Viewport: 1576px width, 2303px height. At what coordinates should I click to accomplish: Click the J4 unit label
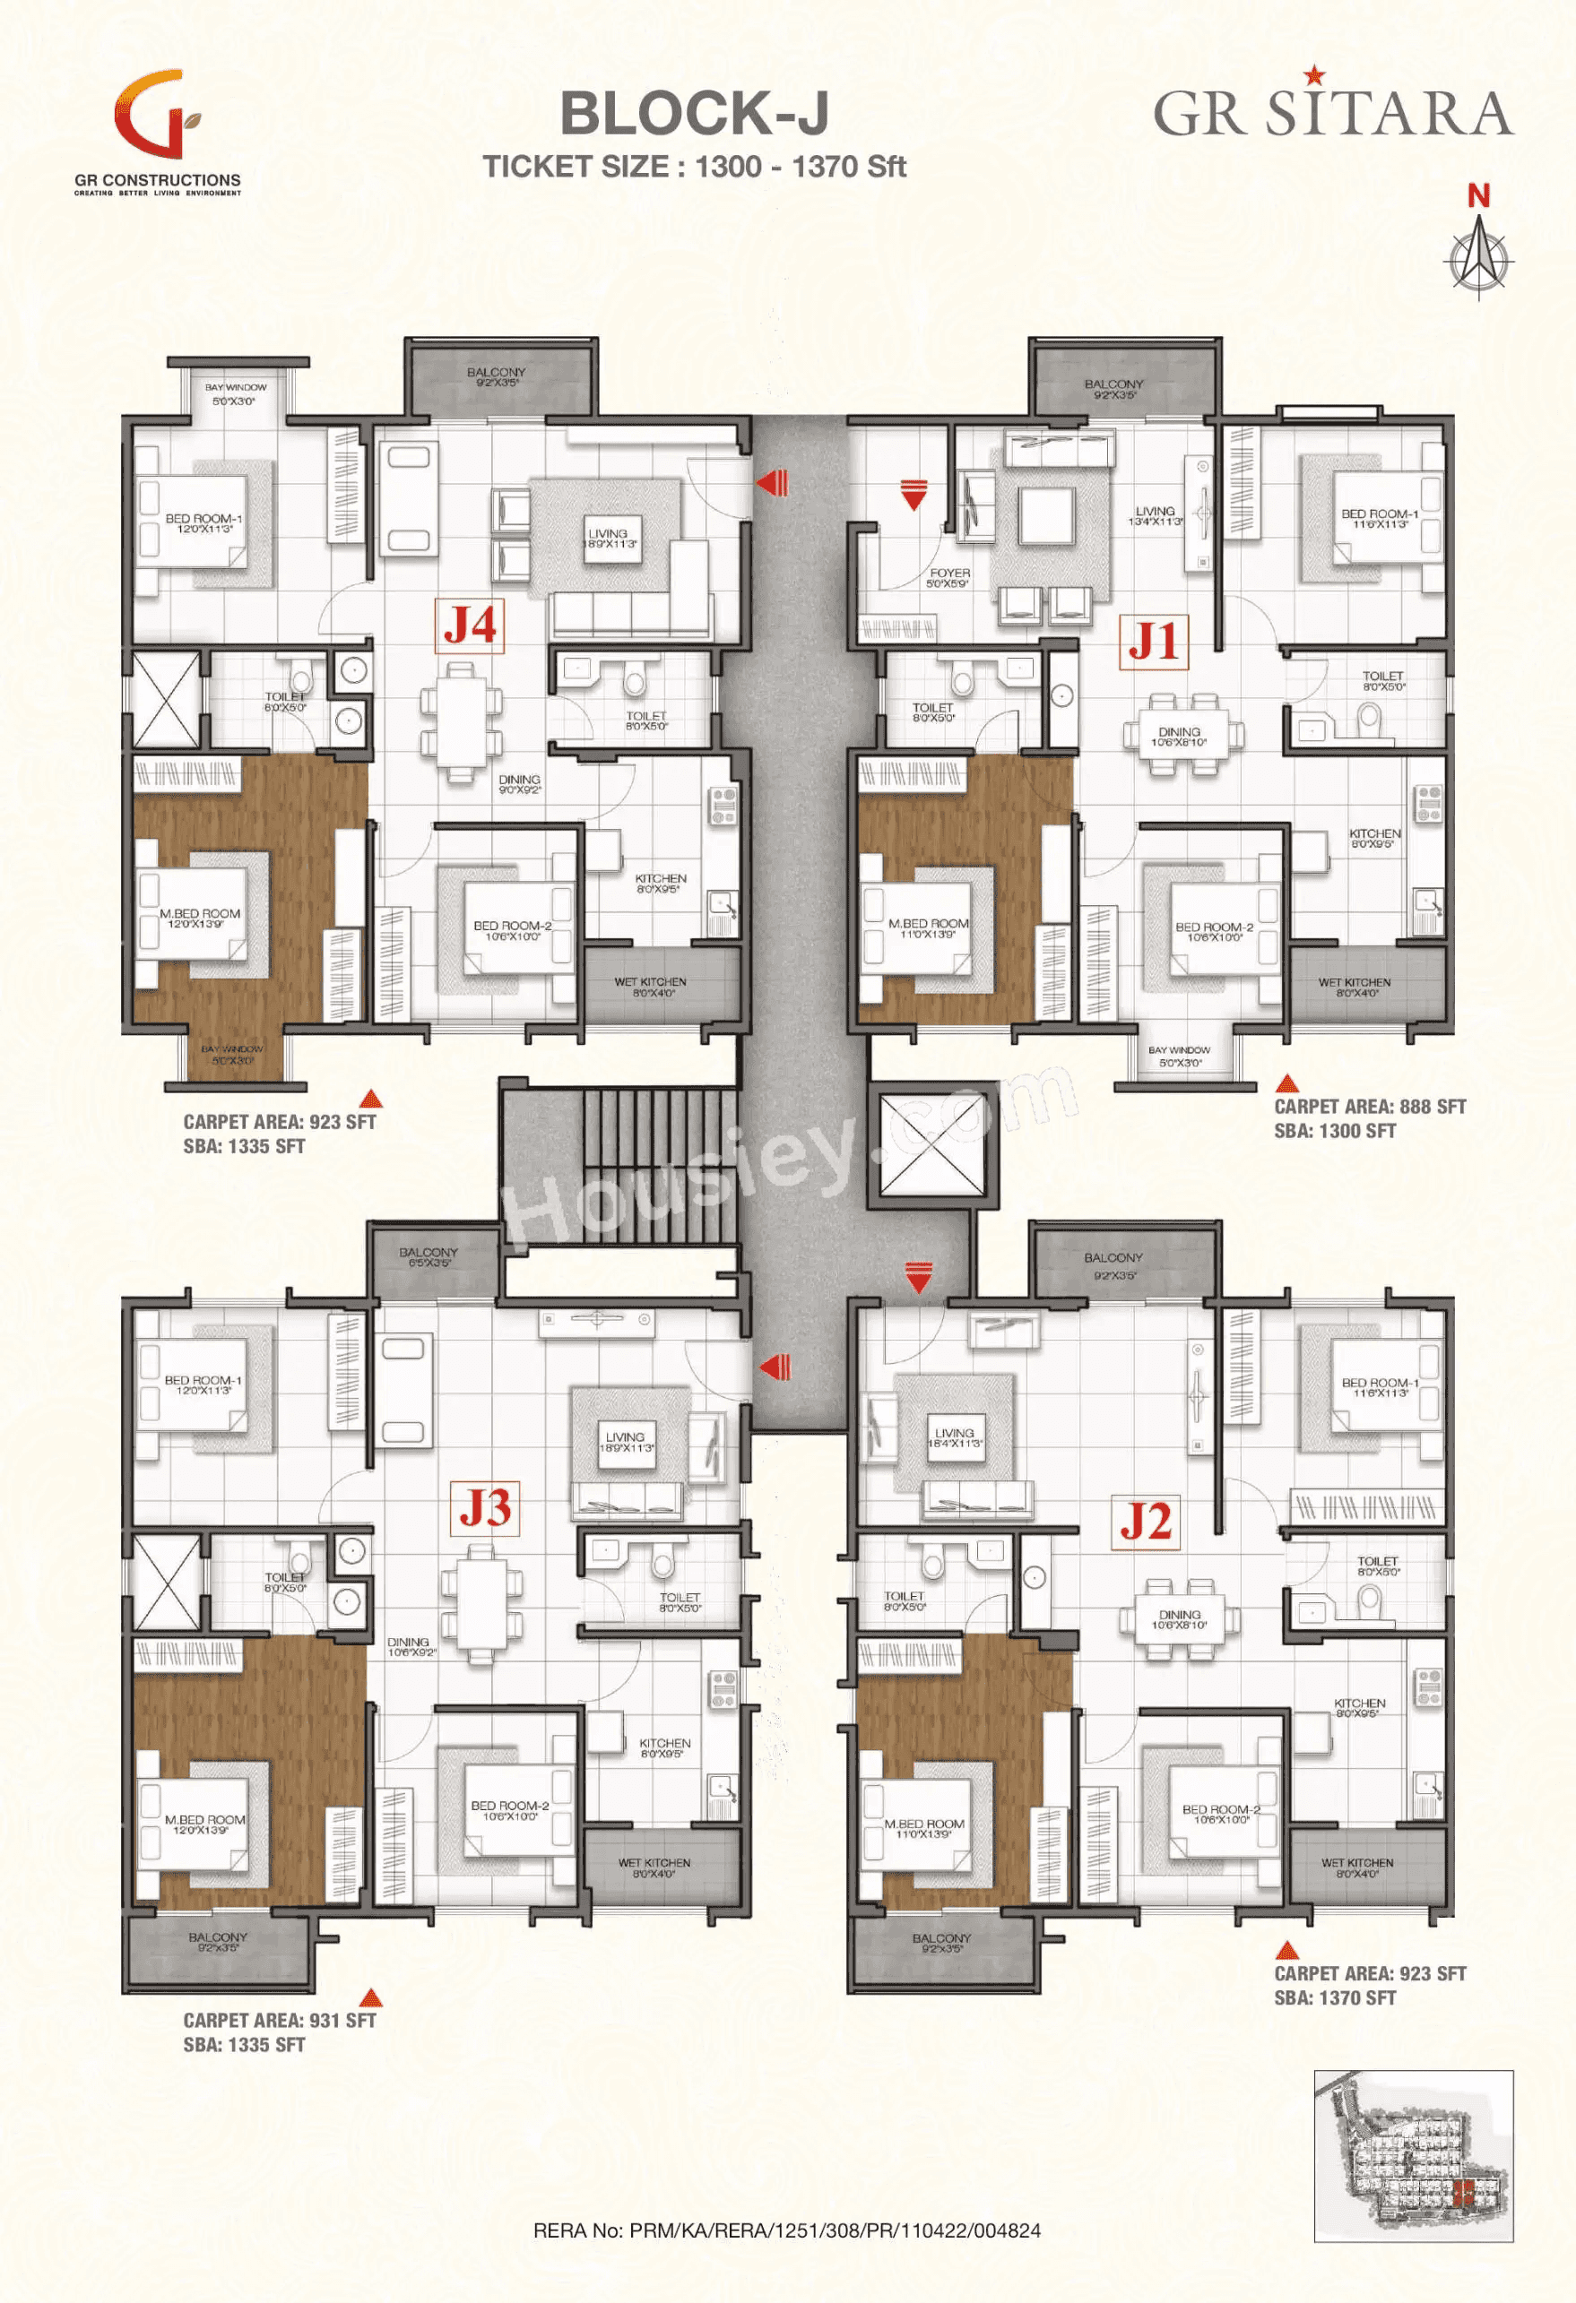point(469,625)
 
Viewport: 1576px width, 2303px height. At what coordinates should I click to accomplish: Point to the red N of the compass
point(1478,197)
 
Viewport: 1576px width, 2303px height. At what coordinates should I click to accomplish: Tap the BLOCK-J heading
point(694,113)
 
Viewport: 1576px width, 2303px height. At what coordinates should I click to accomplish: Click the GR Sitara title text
point(1332,111)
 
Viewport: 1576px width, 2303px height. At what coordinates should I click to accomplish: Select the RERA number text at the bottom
point(787,2230)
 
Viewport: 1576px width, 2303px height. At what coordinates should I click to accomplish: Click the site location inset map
point(1414,2155)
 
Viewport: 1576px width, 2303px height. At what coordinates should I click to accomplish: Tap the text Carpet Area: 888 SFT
point(1370,1107)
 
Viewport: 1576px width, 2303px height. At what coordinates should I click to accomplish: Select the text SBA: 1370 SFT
point(1334,1997)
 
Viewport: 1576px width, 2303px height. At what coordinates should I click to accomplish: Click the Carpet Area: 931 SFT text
point(280,2020)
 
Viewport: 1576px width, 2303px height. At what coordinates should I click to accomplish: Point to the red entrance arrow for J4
point(773,484)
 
